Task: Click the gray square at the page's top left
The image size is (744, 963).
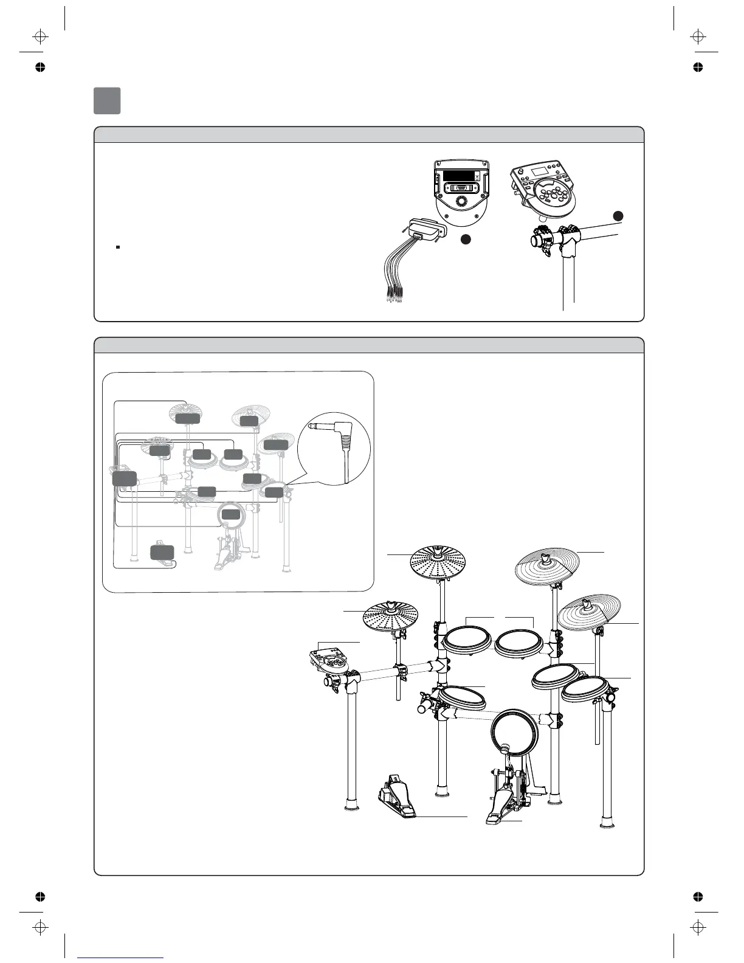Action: [x=107, y=101]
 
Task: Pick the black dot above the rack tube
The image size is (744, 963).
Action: [x=618, y=216]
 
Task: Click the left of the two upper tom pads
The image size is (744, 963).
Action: [x=467, y=640]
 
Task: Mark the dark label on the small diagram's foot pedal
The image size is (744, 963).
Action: [x=162, y=552]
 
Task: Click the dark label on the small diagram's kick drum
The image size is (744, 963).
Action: [x=230, y=514]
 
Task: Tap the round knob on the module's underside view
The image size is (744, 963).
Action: [x=461, y=200]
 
